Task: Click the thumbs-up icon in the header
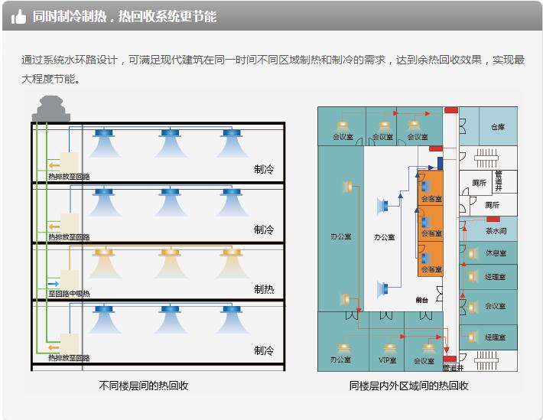pos(19,16)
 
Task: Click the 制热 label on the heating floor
pos(264,289)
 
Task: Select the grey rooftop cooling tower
pos(51,108)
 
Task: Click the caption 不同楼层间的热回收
pos(144,386)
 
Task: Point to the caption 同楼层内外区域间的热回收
pos(408,386)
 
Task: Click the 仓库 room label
pos(498,128)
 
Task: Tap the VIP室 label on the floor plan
pos(388,360)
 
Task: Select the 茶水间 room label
pos(496,230)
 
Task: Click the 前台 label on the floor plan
pos(421,300)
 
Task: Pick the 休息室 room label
pos(496,253)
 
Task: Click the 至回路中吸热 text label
pos(69,293)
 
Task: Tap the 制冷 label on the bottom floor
pos(264,350)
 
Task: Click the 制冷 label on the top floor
pos(264,168)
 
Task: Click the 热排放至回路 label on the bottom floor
pos(69,357)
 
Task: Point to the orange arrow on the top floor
pos(54,164)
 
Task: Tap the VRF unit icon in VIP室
pos(387,346)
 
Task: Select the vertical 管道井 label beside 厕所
pos(498,181)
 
